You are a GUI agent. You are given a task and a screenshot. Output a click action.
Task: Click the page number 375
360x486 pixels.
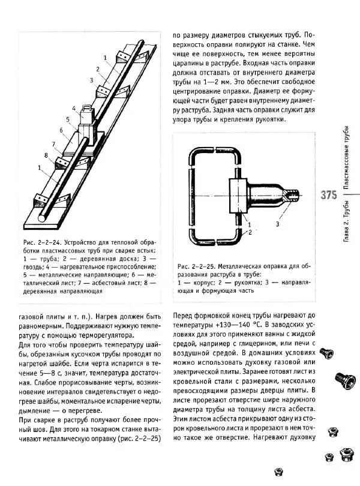coord(329,196)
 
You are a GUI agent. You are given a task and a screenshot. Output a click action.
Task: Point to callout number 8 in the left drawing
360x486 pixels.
coord(46,155)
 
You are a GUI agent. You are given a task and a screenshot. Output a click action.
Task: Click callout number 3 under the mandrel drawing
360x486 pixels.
coord(277,224)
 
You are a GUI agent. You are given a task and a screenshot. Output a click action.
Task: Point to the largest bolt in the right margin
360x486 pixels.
coord(342,379)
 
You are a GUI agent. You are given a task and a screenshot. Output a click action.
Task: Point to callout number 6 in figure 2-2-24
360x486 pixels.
coord(62,130)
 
